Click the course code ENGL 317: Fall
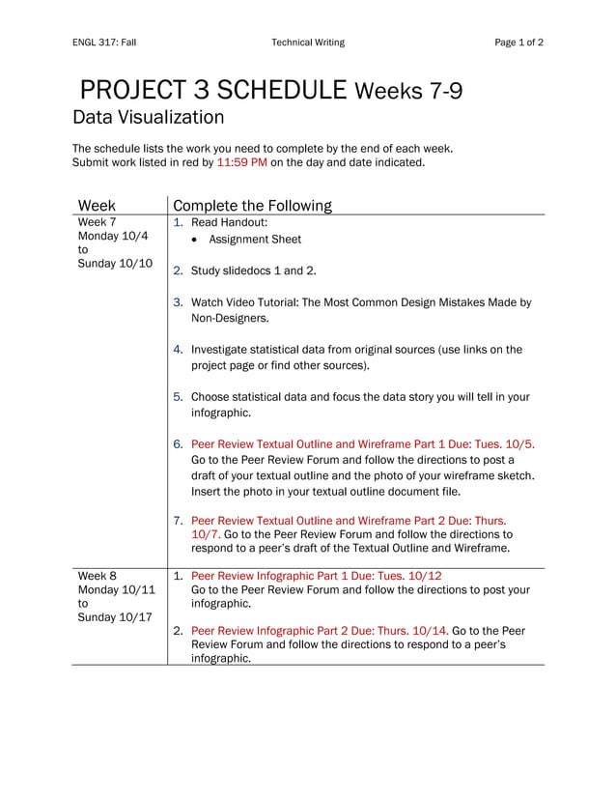[104, 43]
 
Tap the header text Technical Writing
[307, 43]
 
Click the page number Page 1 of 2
[518, 43]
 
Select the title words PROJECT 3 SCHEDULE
[213, 91]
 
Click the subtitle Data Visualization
[149, 118]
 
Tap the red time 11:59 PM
[241, 163]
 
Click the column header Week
[97, 206]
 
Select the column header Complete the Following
[251, 206]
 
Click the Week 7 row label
[97, 222]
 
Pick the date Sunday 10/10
[115, 264]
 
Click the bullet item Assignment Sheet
[255, 240]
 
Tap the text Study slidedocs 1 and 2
[253, 271]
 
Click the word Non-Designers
[230, 318]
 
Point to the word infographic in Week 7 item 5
[220, 413]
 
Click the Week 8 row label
[97, 576]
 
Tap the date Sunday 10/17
[115, 617]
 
